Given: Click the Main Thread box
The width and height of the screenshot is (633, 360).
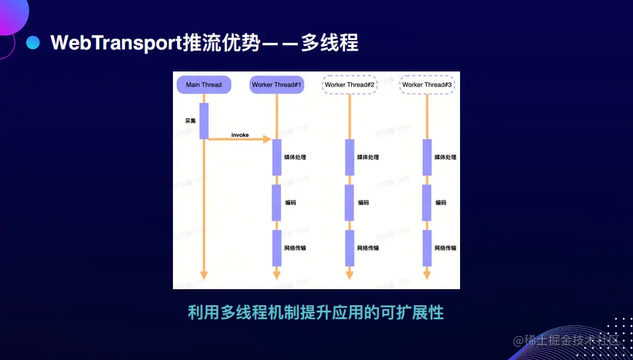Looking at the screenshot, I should click(x=204, y=85).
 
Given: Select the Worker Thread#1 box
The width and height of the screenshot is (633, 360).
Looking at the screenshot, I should click(x=277, y=85).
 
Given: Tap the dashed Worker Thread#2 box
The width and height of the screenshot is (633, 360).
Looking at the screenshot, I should click(x=350, y=85).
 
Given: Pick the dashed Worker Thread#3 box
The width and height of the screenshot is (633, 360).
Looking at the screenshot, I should click(x=427, y=85).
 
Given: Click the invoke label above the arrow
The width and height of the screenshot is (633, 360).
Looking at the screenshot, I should click(x=240, y=135).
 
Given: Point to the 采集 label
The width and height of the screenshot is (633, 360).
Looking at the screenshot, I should click(x=190, y=121).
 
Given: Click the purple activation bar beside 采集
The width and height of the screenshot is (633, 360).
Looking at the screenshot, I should click(x=204, y=121).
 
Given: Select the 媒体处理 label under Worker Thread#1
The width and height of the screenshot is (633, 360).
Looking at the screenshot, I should click(x=295, y=158).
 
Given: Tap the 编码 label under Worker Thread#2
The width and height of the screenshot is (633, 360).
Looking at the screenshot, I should click(x=363, y=202).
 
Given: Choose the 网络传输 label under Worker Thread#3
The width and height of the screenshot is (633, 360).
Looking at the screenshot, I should click(x=445, y=248).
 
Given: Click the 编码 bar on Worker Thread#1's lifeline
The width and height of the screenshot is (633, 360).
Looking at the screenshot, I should click(x=276, y=202).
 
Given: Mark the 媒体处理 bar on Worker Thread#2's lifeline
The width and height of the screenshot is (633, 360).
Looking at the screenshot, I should click(x=349, y=158).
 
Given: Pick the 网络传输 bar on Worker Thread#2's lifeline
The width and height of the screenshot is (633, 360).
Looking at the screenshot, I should click(x=349, y=248).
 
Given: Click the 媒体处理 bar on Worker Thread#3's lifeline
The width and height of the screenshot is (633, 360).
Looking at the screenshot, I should click(x=427, y=158).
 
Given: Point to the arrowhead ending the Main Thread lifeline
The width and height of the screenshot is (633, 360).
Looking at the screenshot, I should click(x=204, y=275).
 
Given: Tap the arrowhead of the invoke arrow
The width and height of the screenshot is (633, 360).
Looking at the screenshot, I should click(x=267, y=140).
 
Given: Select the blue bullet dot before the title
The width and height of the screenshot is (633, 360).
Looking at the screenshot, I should click(x=33, y=43).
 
